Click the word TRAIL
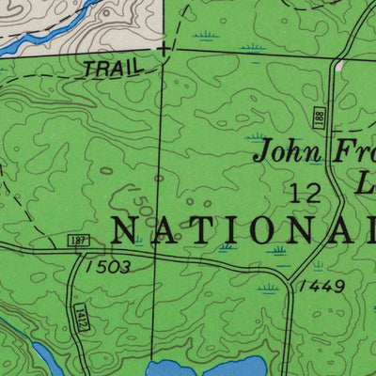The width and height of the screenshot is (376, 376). pyautogui.click(x=109, y=68)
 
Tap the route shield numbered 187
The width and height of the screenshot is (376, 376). pyautogui.click(x=78, y=242)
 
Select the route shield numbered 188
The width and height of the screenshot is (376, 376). pyautogui.click(x=320, y=117)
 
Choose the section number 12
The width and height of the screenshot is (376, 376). pyautogui.click(x=306, y=194)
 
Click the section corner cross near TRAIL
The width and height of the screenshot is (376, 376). pyautogui.click(x=164, y=47)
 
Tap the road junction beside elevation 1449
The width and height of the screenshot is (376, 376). pyautogui.click(x=285, y=275)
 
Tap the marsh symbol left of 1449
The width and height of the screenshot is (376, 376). pyautogui.click(x=269, y=290)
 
